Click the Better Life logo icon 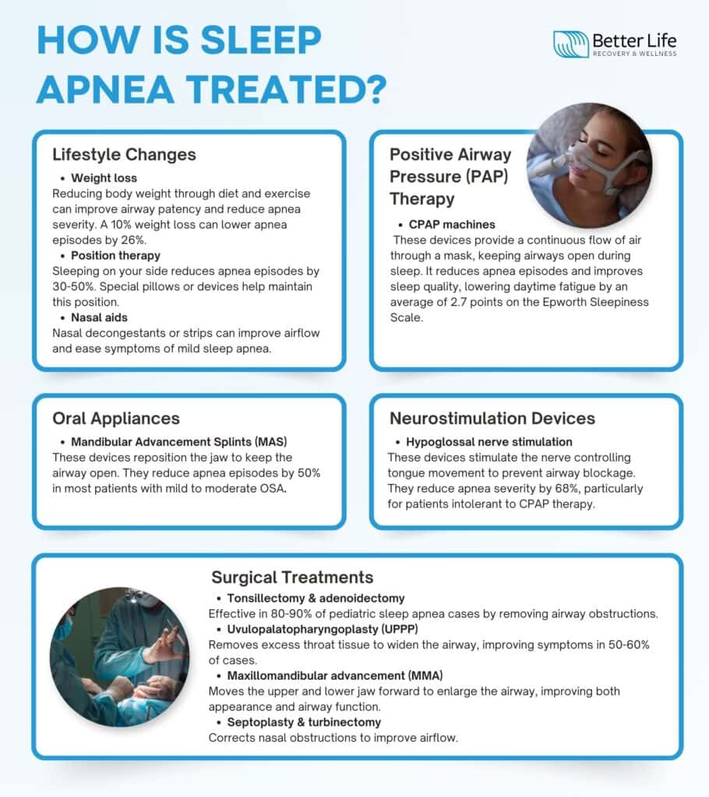pyautogui.click(x=570, y=44)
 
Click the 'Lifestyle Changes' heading pyautogui.click(x=124, y=154)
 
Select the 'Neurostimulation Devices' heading pyautogui.click(x=492, y=418)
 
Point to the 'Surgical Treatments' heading pyautogui.click(x=292, y=578)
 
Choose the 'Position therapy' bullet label pyautogui.click(x=115, y=255)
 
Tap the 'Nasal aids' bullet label pyautogui.click(x=101, y=318)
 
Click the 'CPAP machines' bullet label pyautogui.click(x=452, y=224)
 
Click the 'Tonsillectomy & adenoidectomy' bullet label pyautogui.click(x=316, y=599)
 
